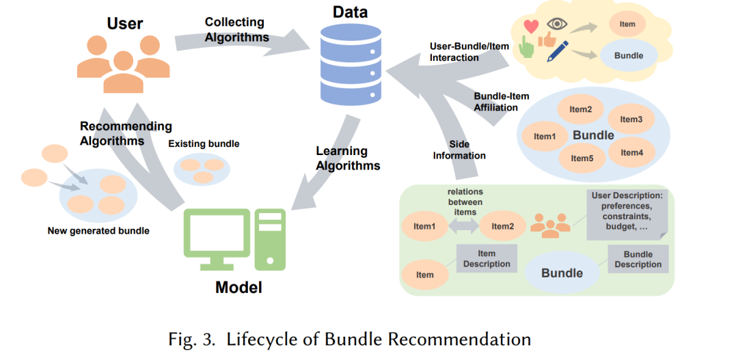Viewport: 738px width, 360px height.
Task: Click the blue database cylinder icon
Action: (x=351, y=64)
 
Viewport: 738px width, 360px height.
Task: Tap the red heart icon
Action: (x=531, y=27)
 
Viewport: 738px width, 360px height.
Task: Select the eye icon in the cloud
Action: (x=557, y=24)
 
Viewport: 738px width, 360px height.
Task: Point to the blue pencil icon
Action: (x=558, y=51)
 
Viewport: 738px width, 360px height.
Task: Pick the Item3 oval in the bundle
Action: (x=631, y=119)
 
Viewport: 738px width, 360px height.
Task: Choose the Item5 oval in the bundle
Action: (x=582, y=158)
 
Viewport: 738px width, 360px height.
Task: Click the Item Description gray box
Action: (x=487, y=258)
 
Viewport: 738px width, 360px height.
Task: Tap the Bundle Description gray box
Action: (x=638, y=259)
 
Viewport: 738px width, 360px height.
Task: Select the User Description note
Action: (x=627, y=214)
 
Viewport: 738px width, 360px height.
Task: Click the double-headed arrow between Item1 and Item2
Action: (x=463, y=226)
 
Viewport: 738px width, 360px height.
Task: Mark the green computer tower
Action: (x=270, y=239)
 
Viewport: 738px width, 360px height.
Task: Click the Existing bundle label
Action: (x=204, y=144)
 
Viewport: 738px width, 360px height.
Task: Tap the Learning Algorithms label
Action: (x=348, y=158)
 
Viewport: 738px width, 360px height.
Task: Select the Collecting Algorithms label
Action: (x=236, y=29)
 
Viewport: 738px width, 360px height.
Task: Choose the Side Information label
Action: (x=459, y=150)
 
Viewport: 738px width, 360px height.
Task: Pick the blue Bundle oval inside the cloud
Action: (x=629, y=55)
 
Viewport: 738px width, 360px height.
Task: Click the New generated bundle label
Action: (x=98, y=231)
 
